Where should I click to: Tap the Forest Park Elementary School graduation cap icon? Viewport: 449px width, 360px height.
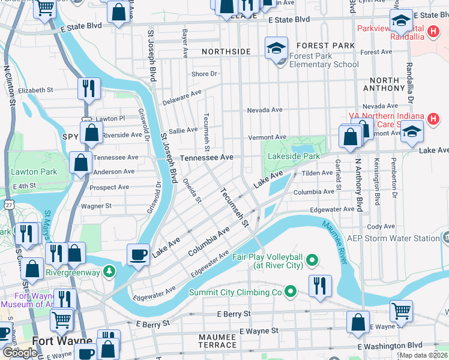(277, 48)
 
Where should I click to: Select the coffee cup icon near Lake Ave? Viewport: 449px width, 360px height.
(139, 254)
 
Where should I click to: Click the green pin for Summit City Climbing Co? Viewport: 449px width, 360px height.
(291, 292)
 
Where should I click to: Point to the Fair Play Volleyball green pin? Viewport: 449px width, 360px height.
(312, 260)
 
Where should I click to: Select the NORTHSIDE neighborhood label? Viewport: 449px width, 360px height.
(226, 52)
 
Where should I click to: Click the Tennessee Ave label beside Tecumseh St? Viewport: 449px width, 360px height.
(206, 157)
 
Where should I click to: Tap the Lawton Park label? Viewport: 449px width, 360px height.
(34, 172)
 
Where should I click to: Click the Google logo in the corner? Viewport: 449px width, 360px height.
(20, 353)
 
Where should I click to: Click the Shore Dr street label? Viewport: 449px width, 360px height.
(204, 74)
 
